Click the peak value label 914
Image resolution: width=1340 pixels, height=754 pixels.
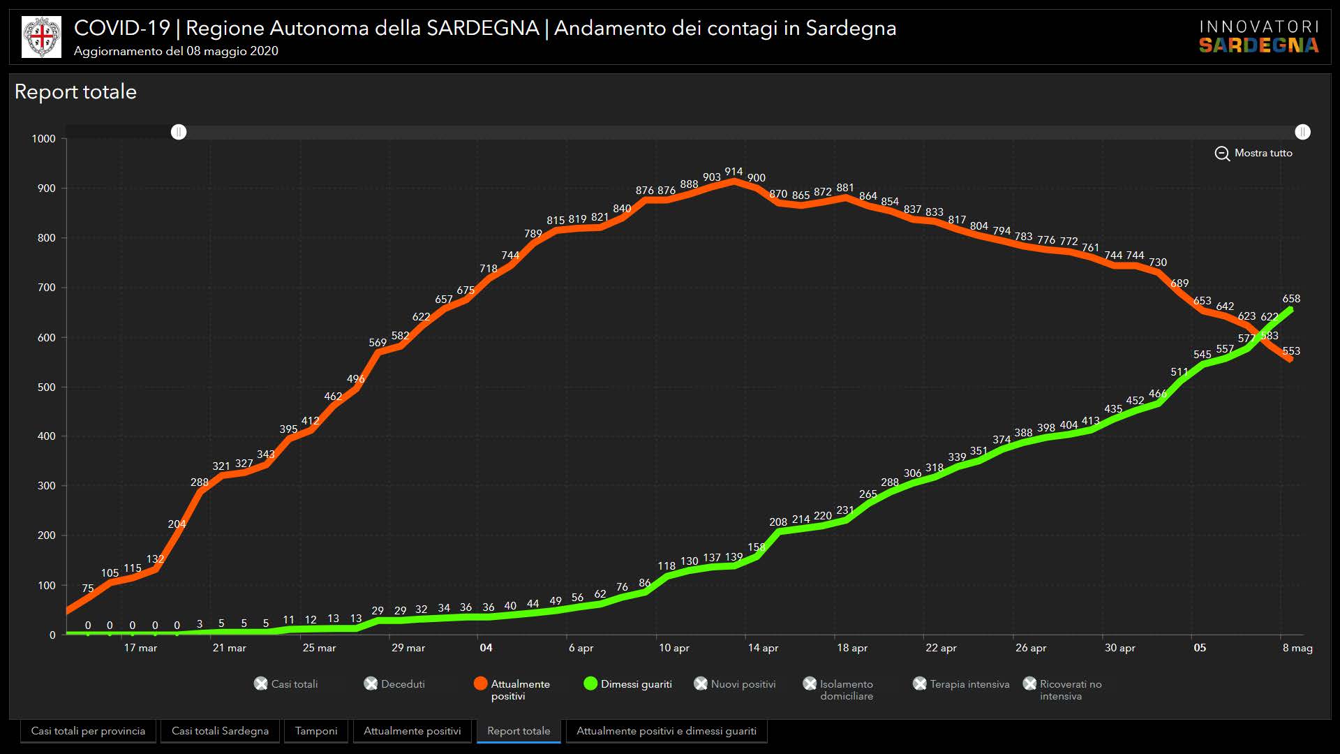pyautogui.click(x=734, y=172)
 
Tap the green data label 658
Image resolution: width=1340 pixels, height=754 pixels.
pyautogui.click(x=1291, y=299)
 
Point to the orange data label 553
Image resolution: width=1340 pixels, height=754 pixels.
pyautogui.click(x=1291, y=351)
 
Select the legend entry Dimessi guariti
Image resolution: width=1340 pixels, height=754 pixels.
pyautogui.click(x=628, y=684)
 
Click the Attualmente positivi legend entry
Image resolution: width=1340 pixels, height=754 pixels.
pyautogui.click(x=512, y=689)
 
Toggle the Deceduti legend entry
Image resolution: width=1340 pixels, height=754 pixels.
pyautogui.click(x=395, y=684)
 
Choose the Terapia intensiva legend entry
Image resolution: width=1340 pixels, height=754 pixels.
pyautogui.click(x=962, y=684)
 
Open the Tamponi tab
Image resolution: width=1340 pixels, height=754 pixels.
pyautogui.click(x=316, y=731)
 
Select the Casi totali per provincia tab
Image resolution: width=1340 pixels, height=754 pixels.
pyautogui.click(x=88, y=731)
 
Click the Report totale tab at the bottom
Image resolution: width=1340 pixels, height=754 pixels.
pyautogui.click(x=519, y=731)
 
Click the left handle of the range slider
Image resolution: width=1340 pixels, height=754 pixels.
pyautogui.click(x=179, y=132)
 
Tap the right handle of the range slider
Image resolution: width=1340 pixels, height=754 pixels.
pyautogui.click(x=1302, y=132)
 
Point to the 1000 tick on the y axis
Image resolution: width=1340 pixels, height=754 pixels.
pyautogui.click(x=44, y=139)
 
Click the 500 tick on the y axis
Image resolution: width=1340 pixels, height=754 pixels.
pyautogui.click(x=47, y=387)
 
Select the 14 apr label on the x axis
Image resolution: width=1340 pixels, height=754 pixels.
pyautogui.click(x=763, y=648)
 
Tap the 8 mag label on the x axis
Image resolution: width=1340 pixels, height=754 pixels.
pyautogui.click(x=1297, y=648)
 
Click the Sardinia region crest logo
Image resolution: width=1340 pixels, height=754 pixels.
pyautogui.click(x=41, y=37)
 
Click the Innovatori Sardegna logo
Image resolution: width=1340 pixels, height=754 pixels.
pyautogui.click(x=1259, y=37)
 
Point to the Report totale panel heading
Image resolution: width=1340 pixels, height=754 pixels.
pyautogui.click(x=75, y=92)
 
